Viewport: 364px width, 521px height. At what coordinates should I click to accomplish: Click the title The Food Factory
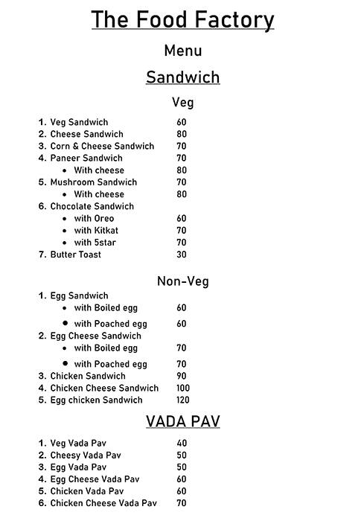(x=182, y=20)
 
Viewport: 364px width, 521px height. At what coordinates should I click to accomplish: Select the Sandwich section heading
(x=182, y=77)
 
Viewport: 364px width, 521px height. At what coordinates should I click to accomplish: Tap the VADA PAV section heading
(x=182, y=422)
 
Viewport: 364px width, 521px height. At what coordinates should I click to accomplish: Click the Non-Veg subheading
(x=182, y=281)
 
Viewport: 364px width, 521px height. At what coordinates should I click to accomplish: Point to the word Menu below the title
(x=182, y=51)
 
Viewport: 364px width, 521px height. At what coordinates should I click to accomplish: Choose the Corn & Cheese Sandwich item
(x=101, y=146)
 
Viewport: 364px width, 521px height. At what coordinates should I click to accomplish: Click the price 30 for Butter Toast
(x=182, y=255)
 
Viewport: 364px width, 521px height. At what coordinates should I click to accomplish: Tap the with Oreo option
(x=94, y=219)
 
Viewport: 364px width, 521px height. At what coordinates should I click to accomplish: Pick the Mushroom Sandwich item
(x=93, y=182)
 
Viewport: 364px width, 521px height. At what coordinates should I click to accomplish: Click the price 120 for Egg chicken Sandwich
(x=183, y=400)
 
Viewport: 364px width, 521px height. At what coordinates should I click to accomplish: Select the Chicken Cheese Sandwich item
(x=104, y=388)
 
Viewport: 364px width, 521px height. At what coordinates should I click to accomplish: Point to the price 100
(x=183, y=388)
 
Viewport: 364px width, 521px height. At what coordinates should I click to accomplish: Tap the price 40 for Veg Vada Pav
(x=182, y=444)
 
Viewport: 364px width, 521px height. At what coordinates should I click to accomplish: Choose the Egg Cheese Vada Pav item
(x=95, y=479)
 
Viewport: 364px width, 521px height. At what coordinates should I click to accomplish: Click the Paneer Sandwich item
(x=86, y=158)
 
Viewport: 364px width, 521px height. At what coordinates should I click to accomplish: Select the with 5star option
(x=95, y=243)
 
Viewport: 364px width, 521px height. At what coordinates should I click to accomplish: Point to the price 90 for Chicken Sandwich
(x=182, y=376)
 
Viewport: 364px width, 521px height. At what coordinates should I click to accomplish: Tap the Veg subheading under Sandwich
(x=182, y=103)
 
